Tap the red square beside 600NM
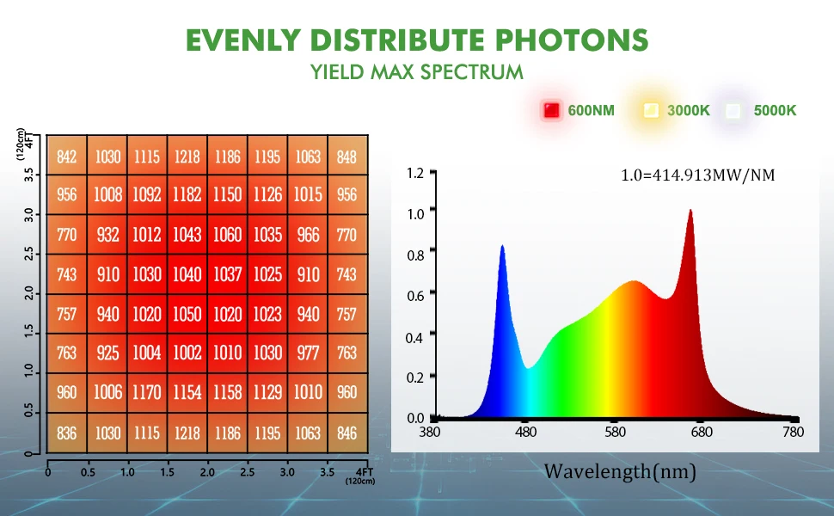coord(551,110)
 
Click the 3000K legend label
coord(689,110)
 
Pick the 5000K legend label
coord(775,110)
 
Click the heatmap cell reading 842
coord(67,157)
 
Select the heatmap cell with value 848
coord(347,157)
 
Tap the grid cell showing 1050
coord(187,314)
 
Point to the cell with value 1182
coord(187,195)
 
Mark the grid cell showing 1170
coord(147,393)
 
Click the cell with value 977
coord(308,353)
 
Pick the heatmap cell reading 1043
coord(187,235)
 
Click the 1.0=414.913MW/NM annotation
coord(697,175)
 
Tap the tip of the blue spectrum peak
coord(502,246)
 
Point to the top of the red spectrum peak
coord(690,210)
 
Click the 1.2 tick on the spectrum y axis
coord(415,174)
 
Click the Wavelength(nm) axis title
coord(619,471)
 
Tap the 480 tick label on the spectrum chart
coord(526,432)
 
